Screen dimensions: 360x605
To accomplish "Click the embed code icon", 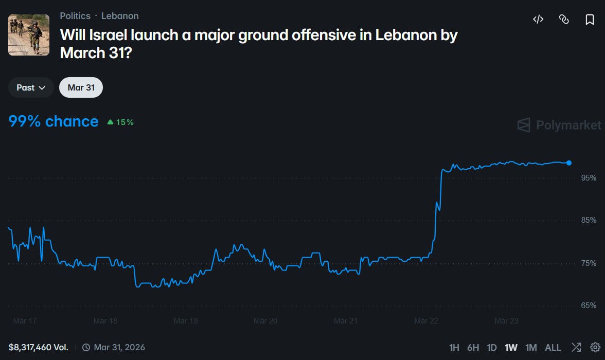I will [538, 20].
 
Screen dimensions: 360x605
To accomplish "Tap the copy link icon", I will [564, 20].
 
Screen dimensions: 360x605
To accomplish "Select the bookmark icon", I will [590, 20].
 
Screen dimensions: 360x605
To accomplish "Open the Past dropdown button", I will [31, 87].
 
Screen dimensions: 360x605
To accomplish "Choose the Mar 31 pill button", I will [81, 87].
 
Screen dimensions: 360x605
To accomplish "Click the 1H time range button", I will [454, 348].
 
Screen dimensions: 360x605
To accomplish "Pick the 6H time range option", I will [473, 348].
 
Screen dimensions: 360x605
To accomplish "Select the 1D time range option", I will [492, 348].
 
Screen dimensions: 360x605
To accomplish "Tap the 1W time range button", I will [511, 348].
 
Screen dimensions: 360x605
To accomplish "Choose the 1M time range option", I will [531, 348].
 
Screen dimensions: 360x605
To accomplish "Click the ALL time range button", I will [553, 348].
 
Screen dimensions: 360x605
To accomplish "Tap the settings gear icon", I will [595, 347].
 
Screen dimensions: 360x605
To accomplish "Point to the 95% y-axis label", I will [589, 178].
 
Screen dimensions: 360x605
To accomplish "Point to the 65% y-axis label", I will [589, 305].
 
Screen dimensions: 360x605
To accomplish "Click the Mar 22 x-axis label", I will [426, 321].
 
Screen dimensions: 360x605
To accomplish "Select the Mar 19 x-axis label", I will [186, 321].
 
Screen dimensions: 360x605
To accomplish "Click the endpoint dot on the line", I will [569, 163].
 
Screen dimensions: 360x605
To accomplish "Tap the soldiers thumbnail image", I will [29, 35].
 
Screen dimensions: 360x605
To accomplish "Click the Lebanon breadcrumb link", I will [120, 16].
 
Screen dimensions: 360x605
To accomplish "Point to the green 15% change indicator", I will [120, 122].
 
